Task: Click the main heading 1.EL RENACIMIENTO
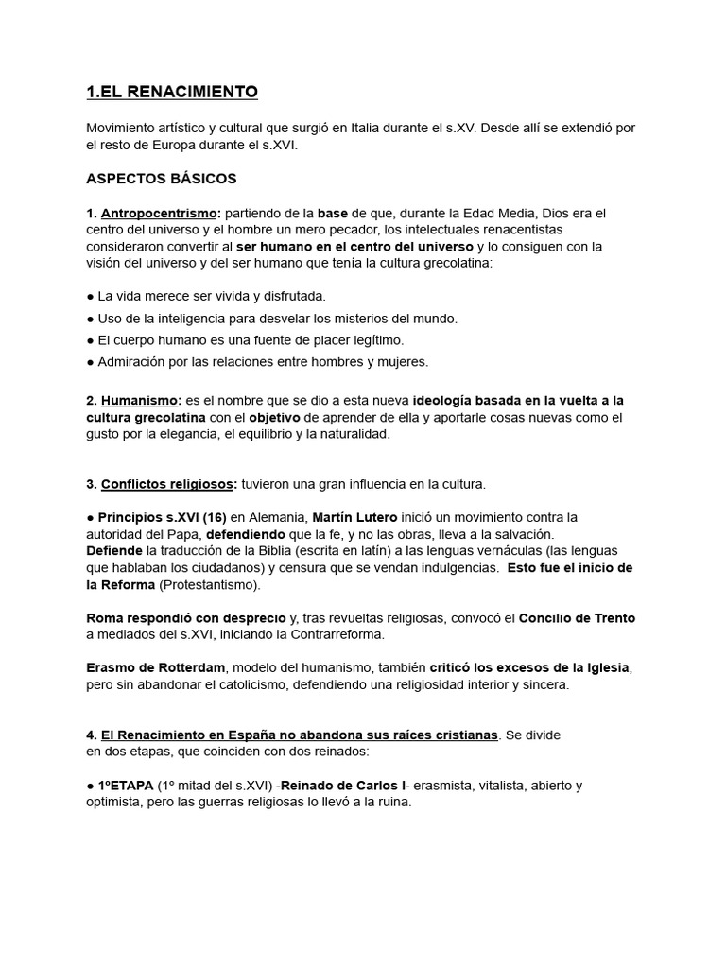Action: (171, 92)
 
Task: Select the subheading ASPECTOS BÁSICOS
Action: (161, 178)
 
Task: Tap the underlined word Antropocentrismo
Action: (160, 213)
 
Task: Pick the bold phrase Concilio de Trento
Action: (577, 618)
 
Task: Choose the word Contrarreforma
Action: (334, 634)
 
